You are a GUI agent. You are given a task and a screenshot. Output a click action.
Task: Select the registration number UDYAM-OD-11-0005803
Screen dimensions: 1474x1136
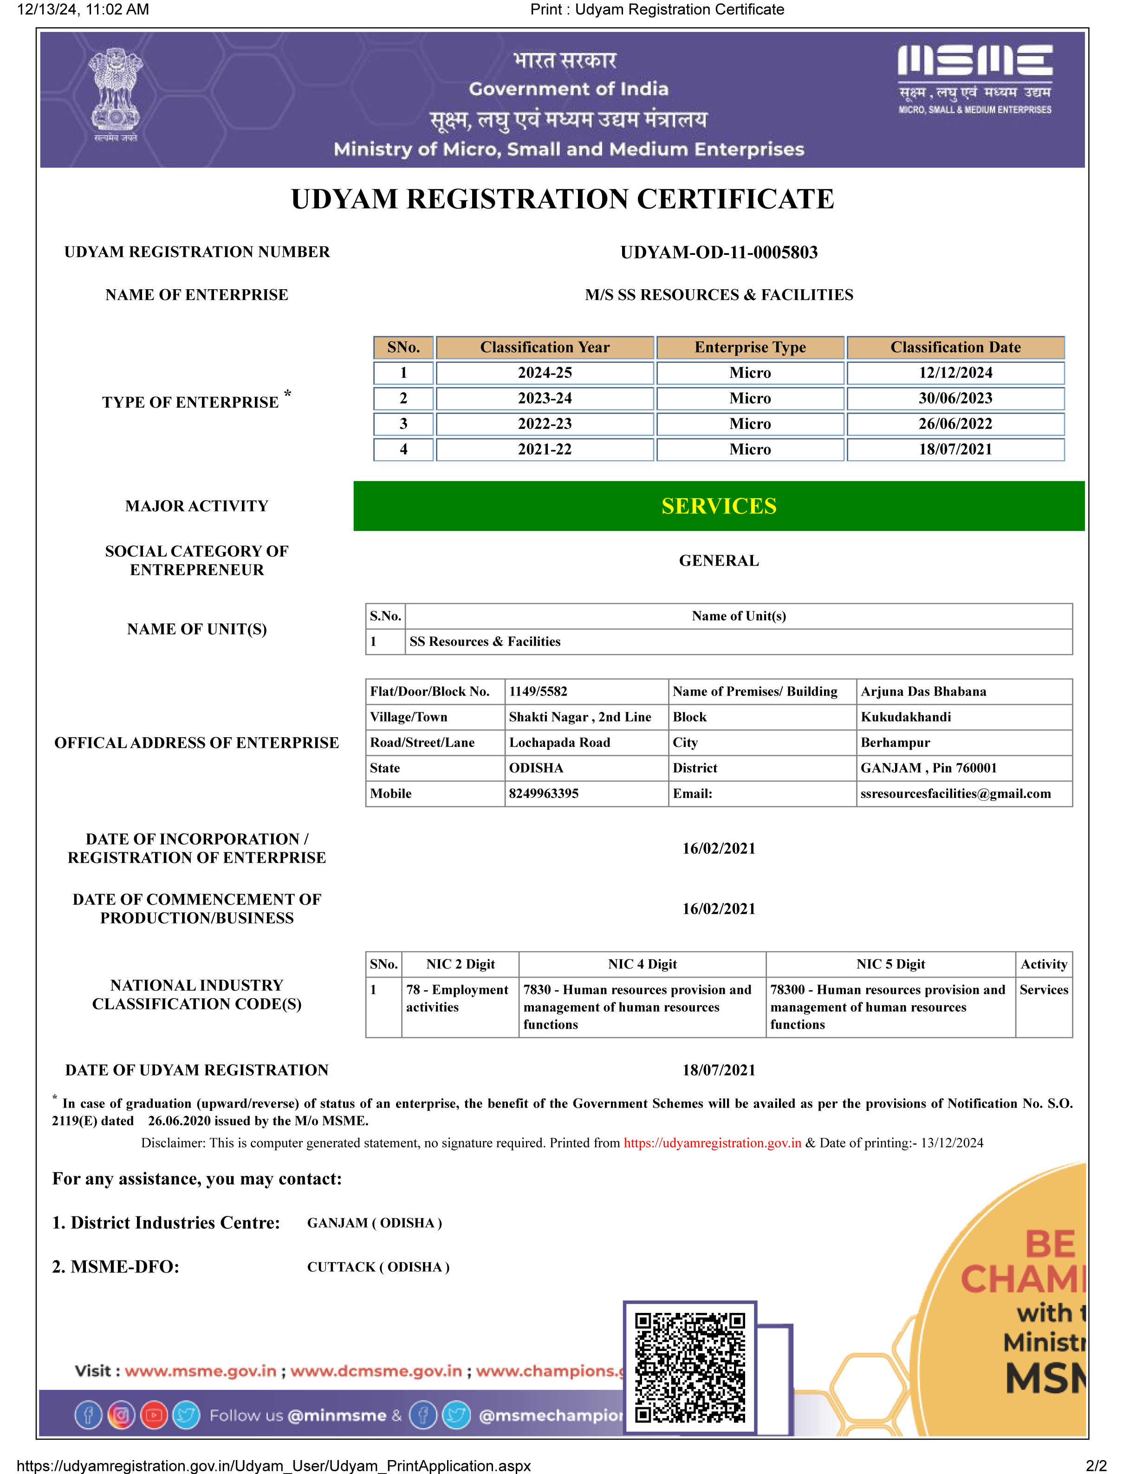click(x=719, y=253)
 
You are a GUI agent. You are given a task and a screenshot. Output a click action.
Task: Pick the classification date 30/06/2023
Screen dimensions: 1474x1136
click(x=955, y=398)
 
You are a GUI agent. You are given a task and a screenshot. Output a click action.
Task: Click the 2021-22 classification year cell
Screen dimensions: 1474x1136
click(x=545, y=449)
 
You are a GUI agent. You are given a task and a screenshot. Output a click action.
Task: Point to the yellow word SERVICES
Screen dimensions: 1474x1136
click(x=719, y=506)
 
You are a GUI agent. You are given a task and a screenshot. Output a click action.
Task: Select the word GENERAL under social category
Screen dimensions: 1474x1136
click(x=719, y=561)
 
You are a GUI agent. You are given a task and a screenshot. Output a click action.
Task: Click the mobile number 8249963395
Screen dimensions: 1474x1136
click(x=544, y=794)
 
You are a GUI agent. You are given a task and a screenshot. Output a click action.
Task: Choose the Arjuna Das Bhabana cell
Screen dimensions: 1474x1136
click(x=923, y=692)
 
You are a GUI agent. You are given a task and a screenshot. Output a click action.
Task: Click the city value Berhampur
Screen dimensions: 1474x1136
click(x=895, y=742)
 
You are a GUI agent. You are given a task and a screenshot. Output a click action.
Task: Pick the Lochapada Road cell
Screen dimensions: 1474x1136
click(x=559, y=742)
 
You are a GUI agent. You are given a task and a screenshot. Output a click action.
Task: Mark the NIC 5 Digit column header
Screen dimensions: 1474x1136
click(x=890, y=964)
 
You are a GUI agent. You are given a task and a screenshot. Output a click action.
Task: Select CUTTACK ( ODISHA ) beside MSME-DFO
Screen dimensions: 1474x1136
click(x=378, y=1267)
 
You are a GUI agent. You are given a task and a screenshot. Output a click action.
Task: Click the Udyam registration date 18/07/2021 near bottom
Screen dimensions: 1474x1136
click(x=719, y=1071)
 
